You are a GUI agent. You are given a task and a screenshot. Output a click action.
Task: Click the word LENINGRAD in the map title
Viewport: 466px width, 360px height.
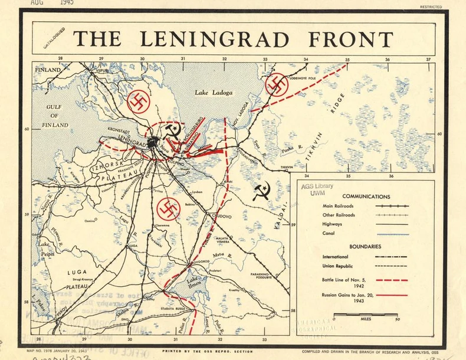pyautogui.click(x=214, y=39)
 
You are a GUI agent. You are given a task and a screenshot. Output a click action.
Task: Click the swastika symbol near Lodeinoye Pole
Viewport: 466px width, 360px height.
pyautogui.click(x=277, y=85)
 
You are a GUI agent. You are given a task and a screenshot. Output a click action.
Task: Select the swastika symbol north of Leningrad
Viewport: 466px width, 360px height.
pyautogui.click(x=139, y=102)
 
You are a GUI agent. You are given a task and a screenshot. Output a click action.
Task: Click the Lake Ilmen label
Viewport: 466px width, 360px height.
pyautogui.click(x=195, y=283)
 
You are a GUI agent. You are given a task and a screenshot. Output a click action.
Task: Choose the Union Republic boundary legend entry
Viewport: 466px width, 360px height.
pyautogui.click(x=339, y=266)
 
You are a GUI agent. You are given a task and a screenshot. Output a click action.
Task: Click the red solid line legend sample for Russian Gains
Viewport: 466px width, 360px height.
pyautogui.click(x=392, y=294)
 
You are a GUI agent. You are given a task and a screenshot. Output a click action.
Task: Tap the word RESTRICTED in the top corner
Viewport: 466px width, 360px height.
pyautogui.click(x=431, y=7)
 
